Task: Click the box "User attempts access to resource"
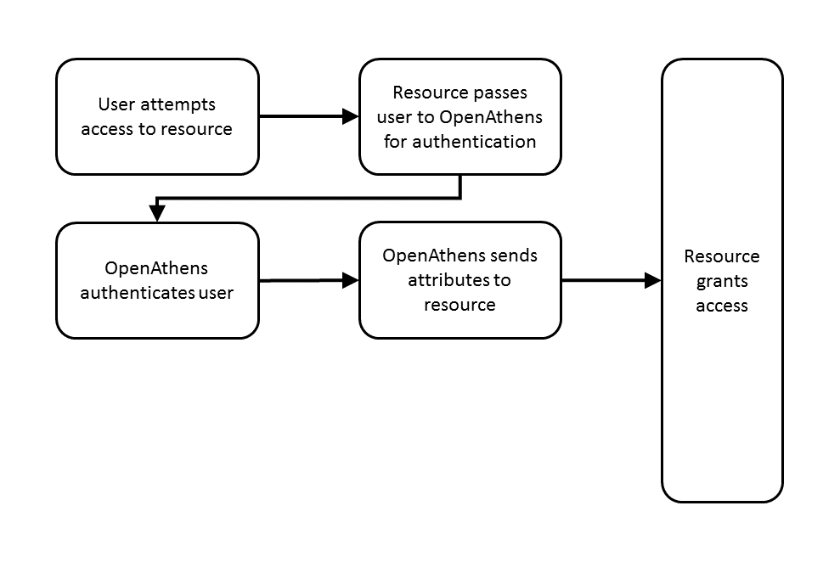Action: point(157,116)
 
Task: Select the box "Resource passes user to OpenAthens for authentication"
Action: point(459,116)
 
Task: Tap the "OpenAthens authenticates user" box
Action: point(157,280)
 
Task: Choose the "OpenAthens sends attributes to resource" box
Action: point(459,280)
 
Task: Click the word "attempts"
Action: point(183,104)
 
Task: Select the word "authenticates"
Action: point(138,293)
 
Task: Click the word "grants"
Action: point(722,281)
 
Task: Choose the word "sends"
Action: point(516,256)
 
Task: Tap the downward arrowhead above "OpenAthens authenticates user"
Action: point(157,213)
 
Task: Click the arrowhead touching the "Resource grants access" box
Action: point(653,280)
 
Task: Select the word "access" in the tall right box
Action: point(722,306)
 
